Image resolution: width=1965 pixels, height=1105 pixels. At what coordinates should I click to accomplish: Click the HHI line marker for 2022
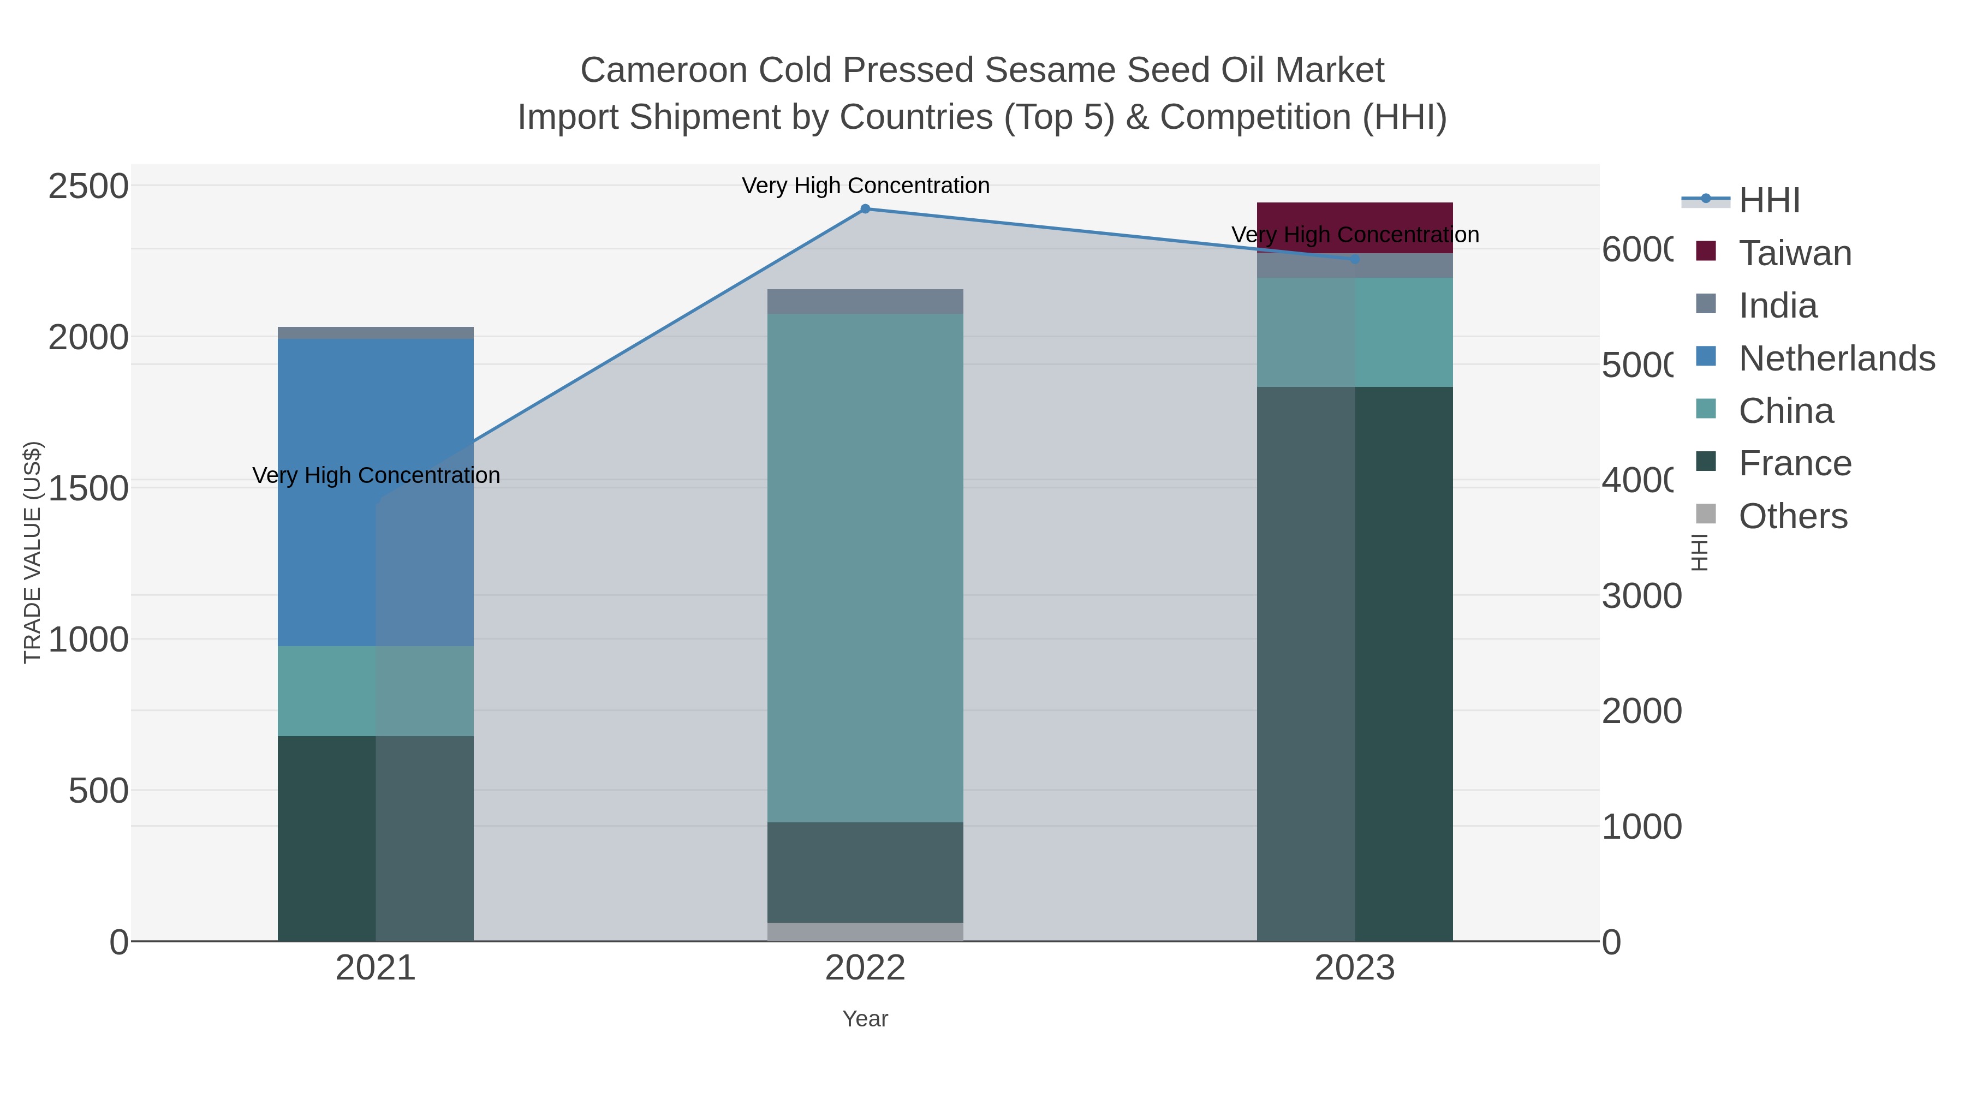(865, 209)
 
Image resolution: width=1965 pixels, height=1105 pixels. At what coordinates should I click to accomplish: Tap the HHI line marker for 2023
(1355, 259)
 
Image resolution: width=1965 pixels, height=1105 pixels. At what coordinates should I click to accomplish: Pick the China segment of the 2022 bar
(865, 568)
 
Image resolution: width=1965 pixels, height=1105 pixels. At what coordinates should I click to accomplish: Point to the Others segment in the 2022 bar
(865, 932)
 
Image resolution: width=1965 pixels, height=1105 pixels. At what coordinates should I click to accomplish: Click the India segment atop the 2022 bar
(865, 301)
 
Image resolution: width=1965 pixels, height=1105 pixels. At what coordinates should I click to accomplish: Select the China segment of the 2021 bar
(376, 691)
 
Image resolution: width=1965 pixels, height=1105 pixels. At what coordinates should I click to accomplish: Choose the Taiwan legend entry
(1794, 253)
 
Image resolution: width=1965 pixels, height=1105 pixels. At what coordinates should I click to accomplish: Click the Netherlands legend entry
(1836, 359)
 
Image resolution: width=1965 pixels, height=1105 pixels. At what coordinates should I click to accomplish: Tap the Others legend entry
(1793, 516)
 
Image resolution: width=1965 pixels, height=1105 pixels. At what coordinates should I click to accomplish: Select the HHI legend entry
(1769, 201)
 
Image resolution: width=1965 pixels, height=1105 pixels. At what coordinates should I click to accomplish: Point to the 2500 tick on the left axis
(88, 186)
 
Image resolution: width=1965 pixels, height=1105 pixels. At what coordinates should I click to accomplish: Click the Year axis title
(865, 1019)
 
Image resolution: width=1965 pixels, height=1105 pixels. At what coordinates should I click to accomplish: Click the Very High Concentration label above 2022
(865, 186)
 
